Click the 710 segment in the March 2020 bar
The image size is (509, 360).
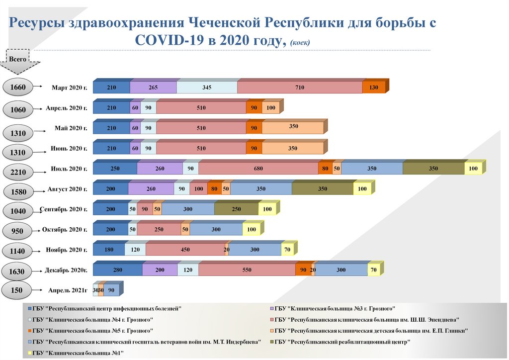coord(299,88)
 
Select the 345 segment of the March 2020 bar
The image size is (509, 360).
coord(207,88)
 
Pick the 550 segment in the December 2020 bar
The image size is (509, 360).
coord(247,270)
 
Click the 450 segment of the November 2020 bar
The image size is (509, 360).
coord(184,250)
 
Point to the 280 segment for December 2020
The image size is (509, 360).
coord(117,270)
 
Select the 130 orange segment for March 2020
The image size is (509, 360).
coord(374,88)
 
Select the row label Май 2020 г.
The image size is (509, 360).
coord(71,128)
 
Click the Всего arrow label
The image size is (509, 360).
coord(18,59)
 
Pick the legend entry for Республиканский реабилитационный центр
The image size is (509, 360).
coord(342,342)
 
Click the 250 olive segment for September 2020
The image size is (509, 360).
coord(237,209)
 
